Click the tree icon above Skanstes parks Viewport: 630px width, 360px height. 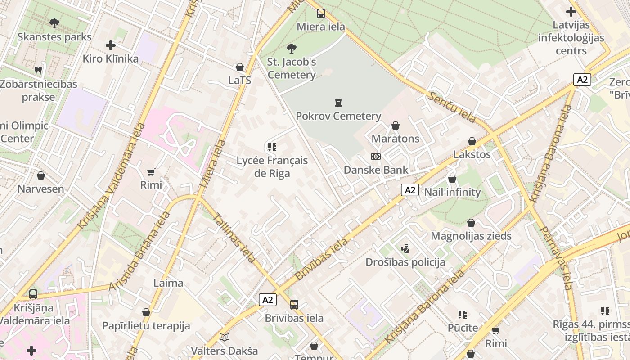[54, 22]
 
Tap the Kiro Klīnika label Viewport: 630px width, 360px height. [110, 58]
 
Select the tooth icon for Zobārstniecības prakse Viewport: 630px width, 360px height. [38, 70]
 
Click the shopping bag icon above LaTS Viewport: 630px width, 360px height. [240, 67]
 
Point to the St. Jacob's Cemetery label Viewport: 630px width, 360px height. [292, 68]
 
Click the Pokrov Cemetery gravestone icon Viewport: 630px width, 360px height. [338, 103]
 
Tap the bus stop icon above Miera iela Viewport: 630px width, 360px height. [320, 13]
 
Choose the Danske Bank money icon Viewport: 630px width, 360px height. [376, 157]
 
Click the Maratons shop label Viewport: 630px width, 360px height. [396, 139]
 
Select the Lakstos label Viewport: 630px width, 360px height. [472, 155]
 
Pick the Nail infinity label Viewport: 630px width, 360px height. [452, 192]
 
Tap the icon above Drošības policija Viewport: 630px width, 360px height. [405, 248]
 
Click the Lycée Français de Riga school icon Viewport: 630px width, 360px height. [272, 147]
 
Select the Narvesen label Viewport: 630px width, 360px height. [41, 189]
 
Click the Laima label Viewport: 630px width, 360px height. [168, 283]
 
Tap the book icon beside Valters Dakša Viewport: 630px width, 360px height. [224, 337]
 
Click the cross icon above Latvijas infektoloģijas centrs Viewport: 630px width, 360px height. [571, 12]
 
